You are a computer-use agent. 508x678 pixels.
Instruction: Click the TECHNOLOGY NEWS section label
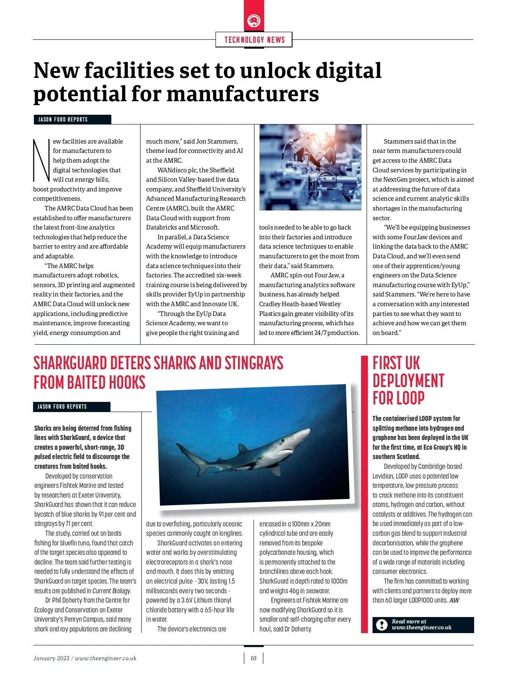(x=254, y=40)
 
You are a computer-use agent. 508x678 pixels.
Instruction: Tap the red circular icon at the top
(x=254, y=20)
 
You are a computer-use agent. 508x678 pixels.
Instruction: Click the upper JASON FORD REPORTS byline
(x=63, y=119)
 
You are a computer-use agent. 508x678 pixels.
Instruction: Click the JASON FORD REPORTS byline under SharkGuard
(x=62, y=407)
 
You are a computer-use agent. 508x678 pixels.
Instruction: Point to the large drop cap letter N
(x=41, y=159)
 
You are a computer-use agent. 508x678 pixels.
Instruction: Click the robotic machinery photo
(x=310, y=167)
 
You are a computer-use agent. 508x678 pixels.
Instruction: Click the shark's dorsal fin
(x=243, y=448)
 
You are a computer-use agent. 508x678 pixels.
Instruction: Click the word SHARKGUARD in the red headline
(x=70, y=363)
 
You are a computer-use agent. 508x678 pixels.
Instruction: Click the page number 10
(x=253, y=658)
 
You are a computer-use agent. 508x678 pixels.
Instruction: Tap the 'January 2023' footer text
(x=51, y=658)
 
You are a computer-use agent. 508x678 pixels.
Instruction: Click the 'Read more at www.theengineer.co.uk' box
(x=423, y=625)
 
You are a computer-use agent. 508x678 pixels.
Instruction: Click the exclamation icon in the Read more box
(x=382, y=625)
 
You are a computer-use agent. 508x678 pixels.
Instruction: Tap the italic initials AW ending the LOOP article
(x=454, y=601)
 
